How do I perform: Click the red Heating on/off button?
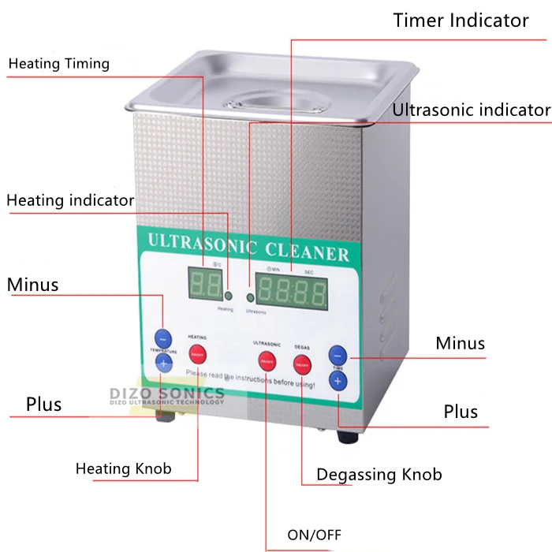[x=197, y=352]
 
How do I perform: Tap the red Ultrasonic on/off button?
[x=267, y=362]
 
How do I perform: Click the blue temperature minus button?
[x=162, y=337]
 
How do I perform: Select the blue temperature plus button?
[x=163, y=363]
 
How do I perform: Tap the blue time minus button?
[x=338, y=354]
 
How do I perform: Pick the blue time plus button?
[x=338, y=381]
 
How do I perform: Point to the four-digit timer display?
[x=293, y=293]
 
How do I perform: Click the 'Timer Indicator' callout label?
[x=461, y=21]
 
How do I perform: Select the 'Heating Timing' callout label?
[x=59, y=64]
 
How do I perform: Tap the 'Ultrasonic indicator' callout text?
[x=471, y=110]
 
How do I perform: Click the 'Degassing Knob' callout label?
[x=379, y=475]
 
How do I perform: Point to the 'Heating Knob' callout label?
[x=123, y=469]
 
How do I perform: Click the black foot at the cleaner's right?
[x=347, y=435]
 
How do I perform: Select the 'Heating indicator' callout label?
[x=70, y=200]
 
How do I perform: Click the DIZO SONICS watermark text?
[x=166, y=393]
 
